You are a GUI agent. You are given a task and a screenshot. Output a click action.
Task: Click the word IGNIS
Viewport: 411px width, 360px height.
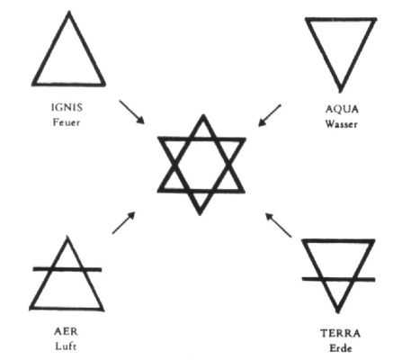click(x=67, y=107)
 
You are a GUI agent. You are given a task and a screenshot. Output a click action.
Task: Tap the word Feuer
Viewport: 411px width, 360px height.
click(x=67, y=122)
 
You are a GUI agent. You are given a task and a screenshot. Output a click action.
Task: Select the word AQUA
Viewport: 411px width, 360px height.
click(x=342, y=109)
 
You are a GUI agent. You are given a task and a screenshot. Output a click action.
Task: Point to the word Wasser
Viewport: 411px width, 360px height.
click(x=342, y=124)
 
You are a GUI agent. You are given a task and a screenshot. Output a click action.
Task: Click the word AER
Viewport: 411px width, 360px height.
click(x=66, y=331)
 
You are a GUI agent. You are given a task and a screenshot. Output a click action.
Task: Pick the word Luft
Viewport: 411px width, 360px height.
click(x=66, y=346)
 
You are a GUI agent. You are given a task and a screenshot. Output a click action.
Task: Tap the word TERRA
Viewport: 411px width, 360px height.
click(x=340, y=333)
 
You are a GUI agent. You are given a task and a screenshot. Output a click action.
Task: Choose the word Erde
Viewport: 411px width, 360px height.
click(x=340, y=348)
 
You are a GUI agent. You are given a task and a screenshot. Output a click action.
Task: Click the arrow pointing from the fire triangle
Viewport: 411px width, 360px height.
click(x=131, y=112)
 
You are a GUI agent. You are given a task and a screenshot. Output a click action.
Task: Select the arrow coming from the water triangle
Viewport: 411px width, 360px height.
click(x=270, y=115)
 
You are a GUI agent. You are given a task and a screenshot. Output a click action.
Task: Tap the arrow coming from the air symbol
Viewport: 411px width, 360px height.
click(x=124, y=222)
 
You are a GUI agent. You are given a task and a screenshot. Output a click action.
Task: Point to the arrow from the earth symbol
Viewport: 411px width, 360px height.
click(x=279, y=225)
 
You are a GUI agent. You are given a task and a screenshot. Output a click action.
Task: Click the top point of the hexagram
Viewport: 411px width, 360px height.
click(x=203, y=115)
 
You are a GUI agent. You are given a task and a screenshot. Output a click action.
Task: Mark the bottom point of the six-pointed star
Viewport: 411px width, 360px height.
click(x=200, y=214)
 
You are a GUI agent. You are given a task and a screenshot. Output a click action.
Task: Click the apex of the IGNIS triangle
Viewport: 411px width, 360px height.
click(x=69, y=13)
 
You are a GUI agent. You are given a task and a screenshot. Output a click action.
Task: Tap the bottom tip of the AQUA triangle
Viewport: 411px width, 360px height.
click(x=340, y=91)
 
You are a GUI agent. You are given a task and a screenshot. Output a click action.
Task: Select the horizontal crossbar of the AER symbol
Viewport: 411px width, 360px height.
click(x=67, y=269)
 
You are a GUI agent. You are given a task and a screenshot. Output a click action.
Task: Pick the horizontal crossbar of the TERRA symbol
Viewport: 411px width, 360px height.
click(x=338, y=279)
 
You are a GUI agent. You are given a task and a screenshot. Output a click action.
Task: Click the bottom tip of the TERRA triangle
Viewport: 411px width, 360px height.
click(x=338, y=312)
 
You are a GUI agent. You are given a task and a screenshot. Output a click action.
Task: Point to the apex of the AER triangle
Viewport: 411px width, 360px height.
click(x=67, y=237)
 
